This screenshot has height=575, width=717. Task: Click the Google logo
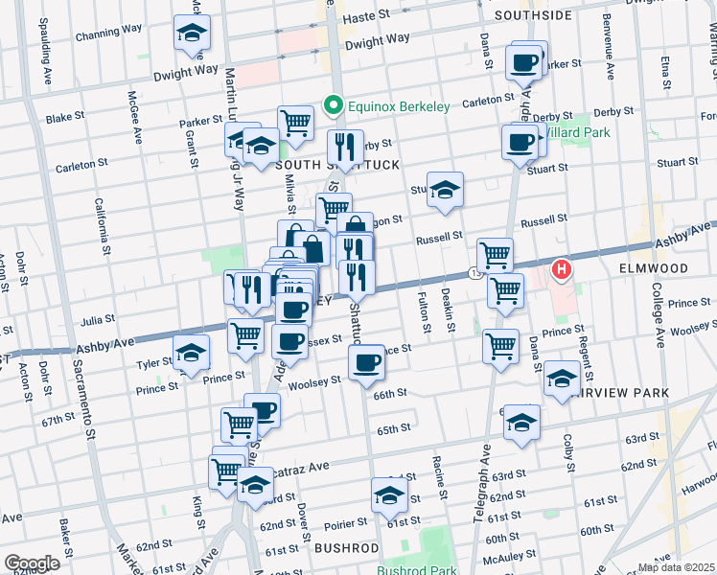32,563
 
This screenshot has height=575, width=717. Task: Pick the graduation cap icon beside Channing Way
193,34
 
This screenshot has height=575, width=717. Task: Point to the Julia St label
97,319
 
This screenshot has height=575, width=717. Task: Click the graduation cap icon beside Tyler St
192,354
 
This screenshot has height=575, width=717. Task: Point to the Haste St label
368,15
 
